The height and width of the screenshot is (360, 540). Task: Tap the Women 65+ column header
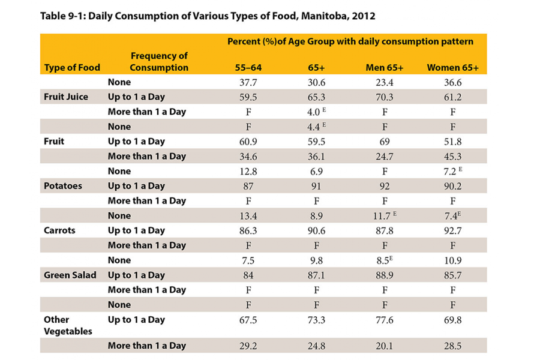click(x=452, y=68)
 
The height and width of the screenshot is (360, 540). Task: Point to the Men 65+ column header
click(x=384, y=68)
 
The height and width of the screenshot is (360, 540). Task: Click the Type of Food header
click(x=72, y=68)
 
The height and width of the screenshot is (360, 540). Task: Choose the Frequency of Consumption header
click(x=159, y=62)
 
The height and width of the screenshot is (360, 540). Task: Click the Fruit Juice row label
click(x=66, y=97)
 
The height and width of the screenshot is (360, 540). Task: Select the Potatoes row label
click(x=63, y=186)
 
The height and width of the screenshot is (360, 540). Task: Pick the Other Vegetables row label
click(x=68, y=325)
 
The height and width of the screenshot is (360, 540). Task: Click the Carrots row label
click(x=59, y=230)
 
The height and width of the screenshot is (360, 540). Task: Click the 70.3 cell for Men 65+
click(x=384, y=97)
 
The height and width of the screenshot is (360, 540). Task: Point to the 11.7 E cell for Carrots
click(x=385, y=215)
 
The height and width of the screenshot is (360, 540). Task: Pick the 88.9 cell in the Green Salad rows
click(x=384, y=275)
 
